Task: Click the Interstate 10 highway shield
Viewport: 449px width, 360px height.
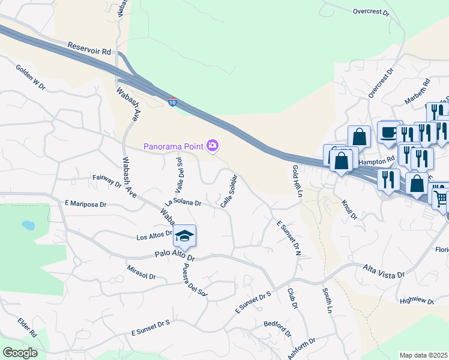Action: click(173, 103)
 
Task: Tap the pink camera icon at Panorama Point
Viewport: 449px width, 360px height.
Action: click(212, 146)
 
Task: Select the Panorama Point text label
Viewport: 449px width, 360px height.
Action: click(173, 146)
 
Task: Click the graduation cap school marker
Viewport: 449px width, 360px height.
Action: click(185, 236)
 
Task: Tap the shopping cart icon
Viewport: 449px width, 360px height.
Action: click(441, 197)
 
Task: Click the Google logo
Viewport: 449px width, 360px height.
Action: click(20, 353)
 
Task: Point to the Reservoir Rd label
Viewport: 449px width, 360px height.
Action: click(89, 49)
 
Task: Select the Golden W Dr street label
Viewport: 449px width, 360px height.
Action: click(31, 78)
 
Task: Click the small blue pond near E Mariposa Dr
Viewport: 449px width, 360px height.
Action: click(28, 226)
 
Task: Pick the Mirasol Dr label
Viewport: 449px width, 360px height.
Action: click(142, 273)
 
